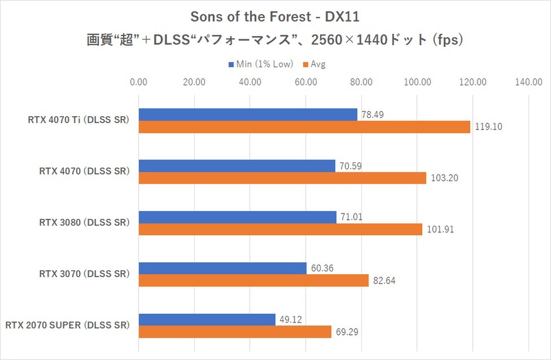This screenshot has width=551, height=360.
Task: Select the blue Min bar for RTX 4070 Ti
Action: click(248, 115)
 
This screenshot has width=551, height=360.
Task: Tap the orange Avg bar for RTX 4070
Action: click(282, 178)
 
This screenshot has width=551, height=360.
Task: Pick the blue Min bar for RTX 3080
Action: click(237, 217)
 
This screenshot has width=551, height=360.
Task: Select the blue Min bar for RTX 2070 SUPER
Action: click(207, 319)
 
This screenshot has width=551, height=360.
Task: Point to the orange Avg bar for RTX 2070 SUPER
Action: click(235, 332)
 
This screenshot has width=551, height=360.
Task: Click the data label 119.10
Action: click(488, 127)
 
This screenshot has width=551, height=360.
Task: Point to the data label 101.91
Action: click(440, 230)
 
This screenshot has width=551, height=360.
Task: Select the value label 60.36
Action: click(322, 268)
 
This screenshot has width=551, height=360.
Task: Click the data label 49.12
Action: click(291, 319)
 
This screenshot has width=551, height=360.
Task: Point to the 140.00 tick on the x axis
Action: click(528, 82)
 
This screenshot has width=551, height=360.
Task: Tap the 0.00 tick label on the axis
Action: click(138, 82)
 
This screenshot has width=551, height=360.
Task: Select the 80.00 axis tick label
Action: click(361, 82)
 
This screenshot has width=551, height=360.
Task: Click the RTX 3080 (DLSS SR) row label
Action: click(84, 223)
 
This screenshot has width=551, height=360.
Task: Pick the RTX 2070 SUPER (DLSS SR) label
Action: click(68, 326)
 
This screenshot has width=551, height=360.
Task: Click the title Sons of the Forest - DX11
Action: click(275, 17)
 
